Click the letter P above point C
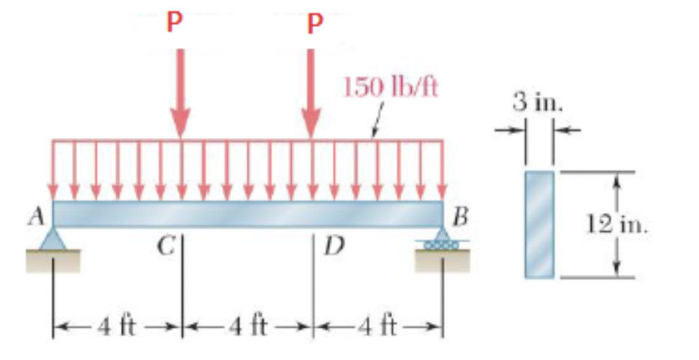point(174,22)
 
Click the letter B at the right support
point(461,220)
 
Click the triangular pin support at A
point(52,238)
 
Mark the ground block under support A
point(52,259)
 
